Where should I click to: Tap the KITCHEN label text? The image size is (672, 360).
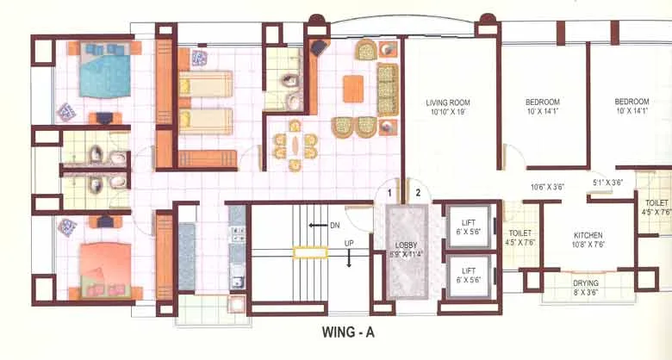point(588,235)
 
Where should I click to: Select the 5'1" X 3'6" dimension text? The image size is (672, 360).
point(609,182)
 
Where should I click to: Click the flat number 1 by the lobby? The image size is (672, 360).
point(390,192)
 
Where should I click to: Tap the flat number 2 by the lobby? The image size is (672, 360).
point(420,192)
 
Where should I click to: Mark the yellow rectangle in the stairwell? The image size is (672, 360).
point(309,252)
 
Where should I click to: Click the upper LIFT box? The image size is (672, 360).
point(466,227)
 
